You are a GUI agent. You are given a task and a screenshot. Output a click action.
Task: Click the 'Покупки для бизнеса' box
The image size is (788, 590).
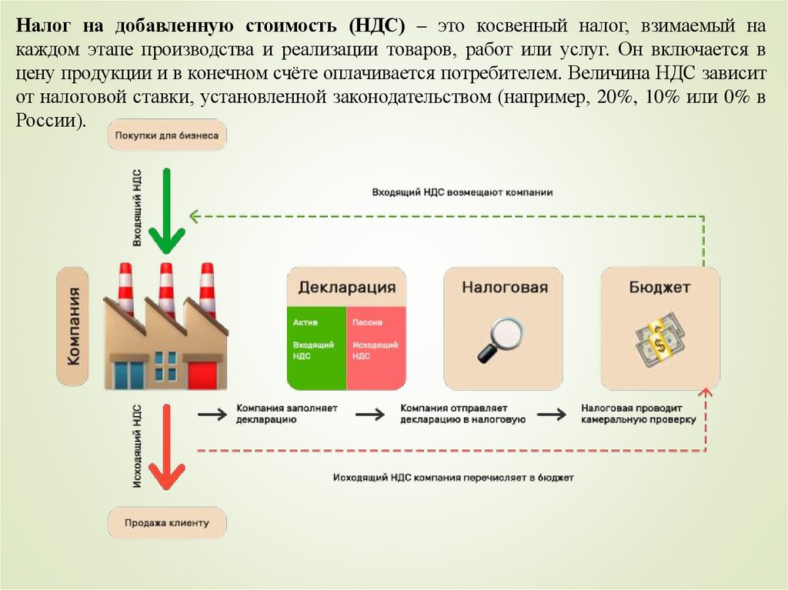tap(167, 135)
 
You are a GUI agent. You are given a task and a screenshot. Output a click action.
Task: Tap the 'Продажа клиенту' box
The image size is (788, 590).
tap(167, 523)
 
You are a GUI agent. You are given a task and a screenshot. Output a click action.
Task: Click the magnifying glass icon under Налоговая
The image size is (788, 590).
tap(500, 339)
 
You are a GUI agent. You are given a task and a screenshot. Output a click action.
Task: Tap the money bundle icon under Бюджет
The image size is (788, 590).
tap(659, 339)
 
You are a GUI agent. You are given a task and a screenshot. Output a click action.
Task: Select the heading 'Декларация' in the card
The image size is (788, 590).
tap(346, 288)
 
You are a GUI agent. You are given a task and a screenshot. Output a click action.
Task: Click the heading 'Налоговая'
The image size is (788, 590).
tap(505, 288)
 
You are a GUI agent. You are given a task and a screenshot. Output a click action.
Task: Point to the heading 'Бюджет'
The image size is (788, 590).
tap(659, 288)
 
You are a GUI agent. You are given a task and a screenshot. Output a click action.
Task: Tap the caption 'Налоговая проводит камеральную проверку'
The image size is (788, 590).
tap(638, 414)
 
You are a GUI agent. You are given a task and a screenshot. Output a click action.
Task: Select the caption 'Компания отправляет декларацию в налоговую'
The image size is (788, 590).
tap(462, 414)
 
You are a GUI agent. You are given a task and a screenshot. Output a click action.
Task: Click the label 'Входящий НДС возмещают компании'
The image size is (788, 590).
tap(462, 192)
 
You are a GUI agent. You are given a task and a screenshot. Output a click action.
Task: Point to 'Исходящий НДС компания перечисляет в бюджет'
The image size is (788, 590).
tap(453, 478)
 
